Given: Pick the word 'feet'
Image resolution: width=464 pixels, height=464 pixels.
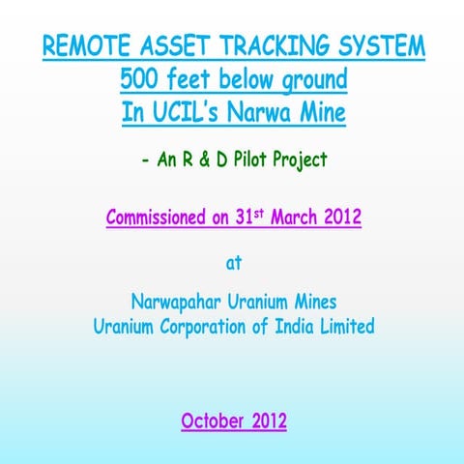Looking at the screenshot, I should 190,79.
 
